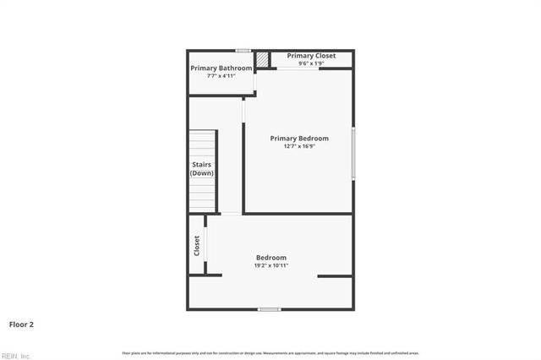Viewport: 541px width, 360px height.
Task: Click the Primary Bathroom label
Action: coord(221,68)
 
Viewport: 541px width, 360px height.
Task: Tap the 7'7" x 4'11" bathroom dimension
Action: coord(221,76)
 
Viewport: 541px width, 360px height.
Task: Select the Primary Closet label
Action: coord(311,56)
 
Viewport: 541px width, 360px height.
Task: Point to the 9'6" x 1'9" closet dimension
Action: coord(311,63)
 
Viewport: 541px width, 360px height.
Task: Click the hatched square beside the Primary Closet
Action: coord(263,59)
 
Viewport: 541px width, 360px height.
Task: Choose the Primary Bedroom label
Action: coord(299,138)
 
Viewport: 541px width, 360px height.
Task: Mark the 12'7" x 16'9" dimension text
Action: coord(299,146)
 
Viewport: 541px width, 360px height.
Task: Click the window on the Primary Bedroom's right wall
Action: coord(352,152)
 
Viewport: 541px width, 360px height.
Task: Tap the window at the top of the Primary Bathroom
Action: coord(243,51)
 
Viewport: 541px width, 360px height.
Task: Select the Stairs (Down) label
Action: coord(201,168)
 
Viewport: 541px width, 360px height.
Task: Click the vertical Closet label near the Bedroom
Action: coord(197,245)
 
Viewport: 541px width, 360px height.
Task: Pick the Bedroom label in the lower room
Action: coord(271,258)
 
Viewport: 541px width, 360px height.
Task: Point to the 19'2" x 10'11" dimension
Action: coord(271,265)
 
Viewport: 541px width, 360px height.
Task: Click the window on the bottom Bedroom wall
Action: coord(269,309)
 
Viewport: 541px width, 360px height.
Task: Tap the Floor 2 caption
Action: coord(22,324)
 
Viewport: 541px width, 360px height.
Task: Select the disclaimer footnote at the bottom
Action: coord(270,352)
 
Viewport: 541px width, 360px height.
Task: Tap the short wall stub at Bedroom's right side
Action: coord(335,275)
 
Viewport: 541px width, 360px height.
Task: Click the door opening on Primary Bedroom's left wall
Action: coord(243,110)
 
